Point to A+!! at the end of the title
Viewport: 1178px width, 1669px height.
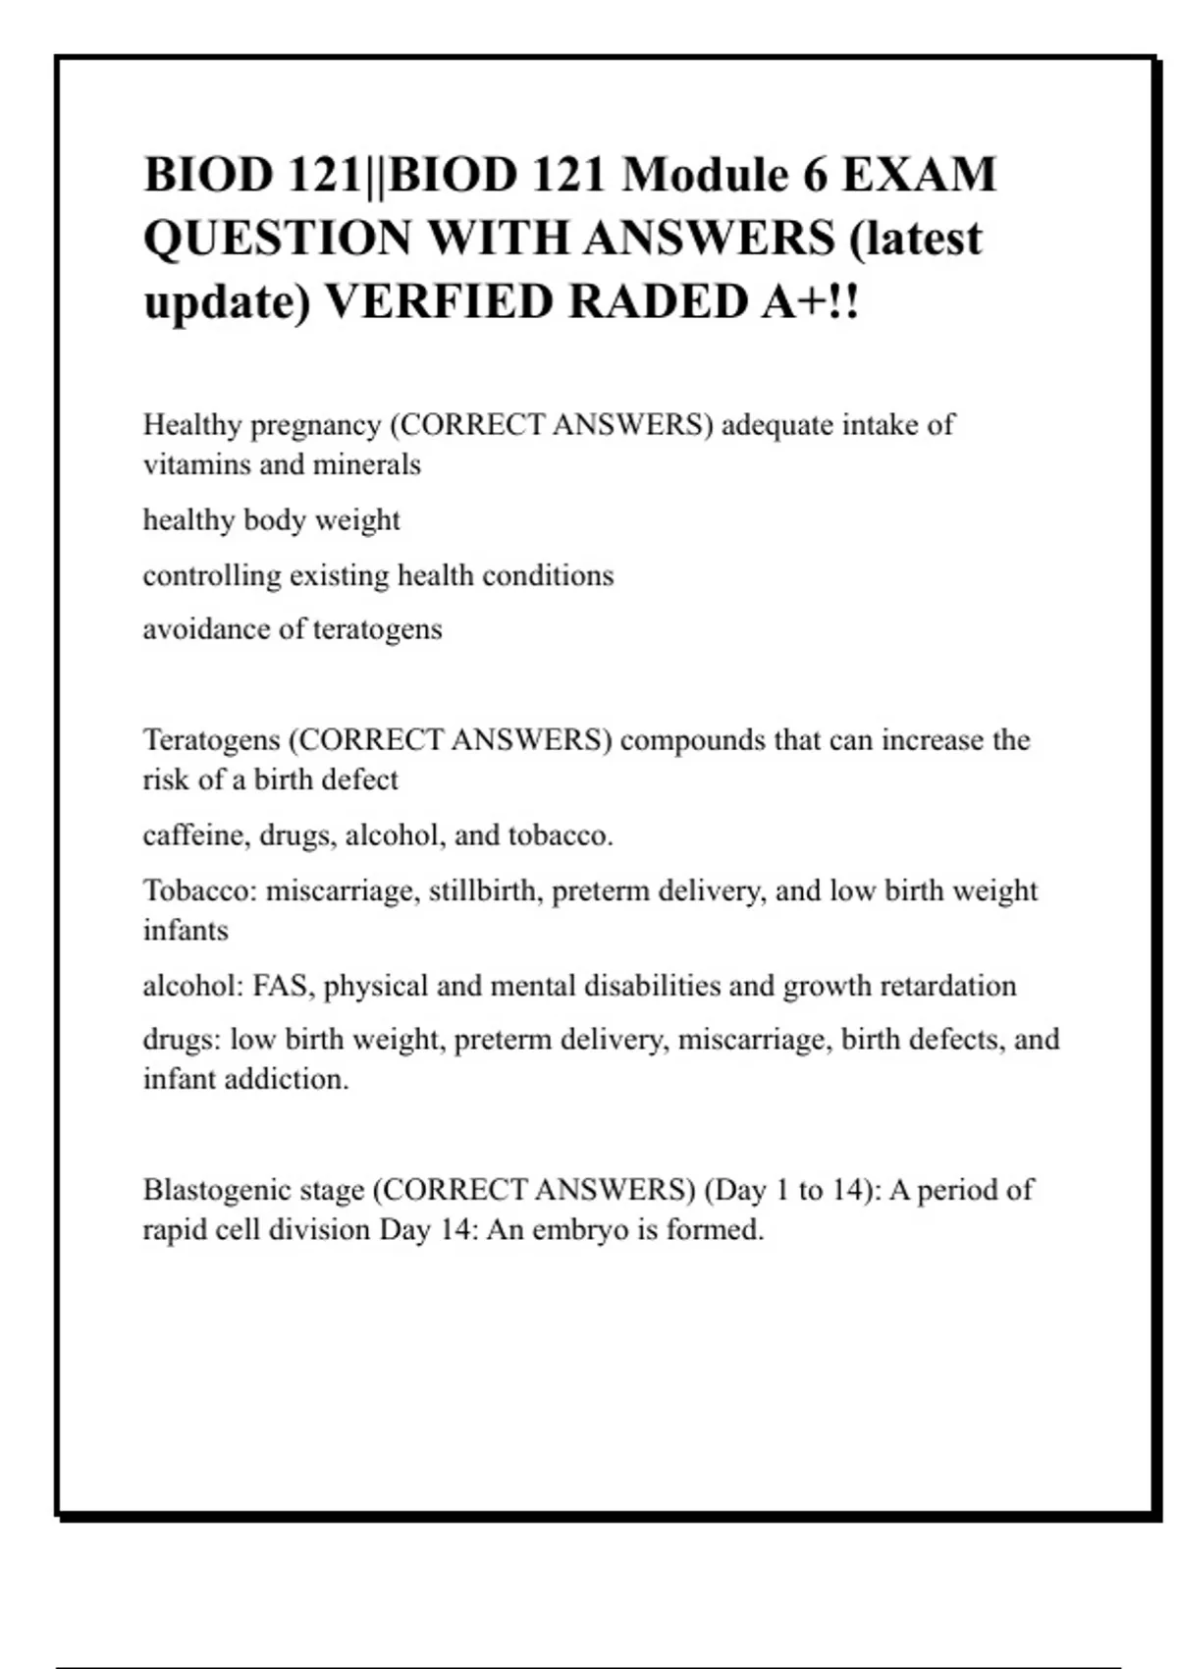coord(810,301)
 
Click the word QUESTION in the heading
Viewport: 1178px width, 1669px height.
coord(278,239)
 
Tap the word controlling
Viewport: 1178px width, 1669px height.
coord(212,576)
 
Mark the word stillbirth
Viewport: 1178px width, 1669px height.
coord(485,891)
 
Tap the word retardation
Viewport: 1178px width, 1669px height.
coord(947,986)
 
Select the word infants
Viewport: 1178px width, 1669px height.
coord(186,931)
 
